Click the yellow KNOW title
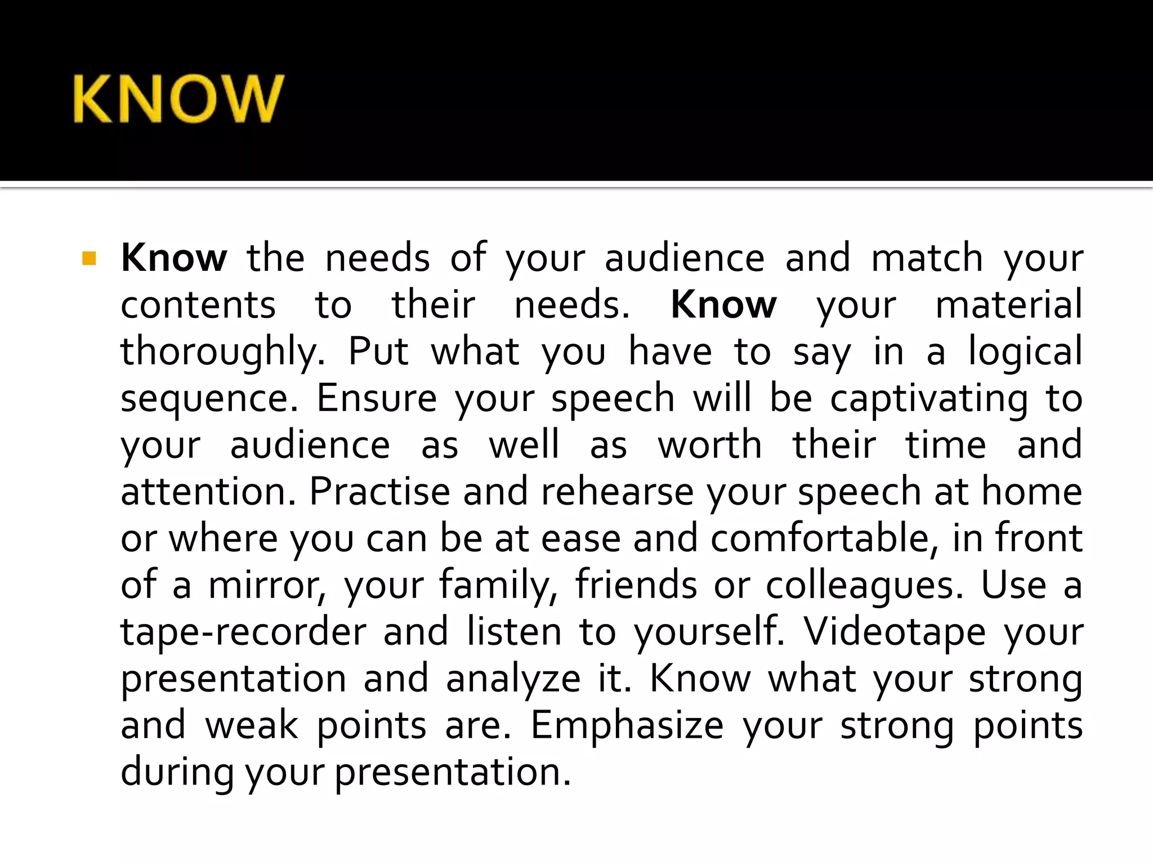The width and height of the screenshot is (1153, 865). (x=178, y=99)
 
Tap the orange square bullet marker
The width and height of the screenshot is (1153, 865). (x=89, y=258)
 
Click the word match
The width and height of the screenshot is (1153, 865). (x=927, y=258)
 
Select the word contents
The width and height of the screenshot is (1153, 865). (x=198, y=305)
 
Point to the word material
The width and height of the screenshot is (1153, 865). (x=1008, y=305)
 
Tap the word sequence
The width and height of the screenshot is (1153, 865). (x=209, y=399)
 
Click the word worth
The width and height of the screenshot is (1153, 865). (x=710, y=445)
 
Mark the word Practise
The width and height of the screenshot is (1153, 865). (x=379, y=492)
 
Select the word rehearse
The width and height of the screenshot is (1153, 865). (x=617, y=492)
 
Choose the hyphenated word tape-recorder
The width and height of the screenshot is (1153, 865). (x=243, y=632)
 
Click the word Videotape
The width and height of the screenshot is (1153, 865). (x=894, y=632)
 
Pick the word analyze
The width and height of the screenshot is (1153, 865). (x=513, y=680)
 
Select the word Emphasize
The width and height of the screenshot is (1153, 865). (x=627, y=726)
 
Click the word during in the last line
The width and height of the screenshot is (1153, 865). (x=177, y=772)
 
